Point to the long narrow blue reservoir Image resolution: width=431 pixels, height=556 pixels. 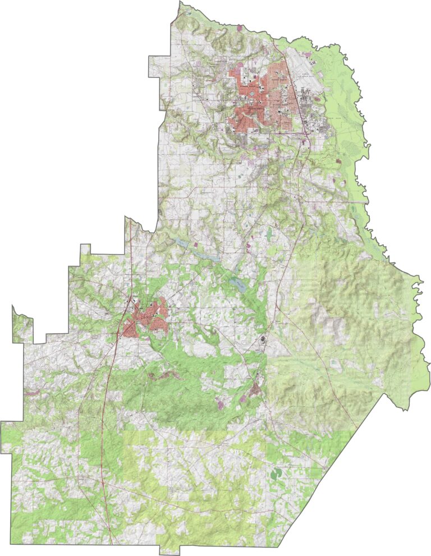click(x=199, y=250)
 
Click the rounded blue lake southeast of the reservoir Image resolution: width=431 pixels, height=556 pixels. click(x=239, y=284)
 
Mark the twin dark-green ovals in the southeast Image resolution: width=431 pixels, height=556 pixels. click(x=277, y=474)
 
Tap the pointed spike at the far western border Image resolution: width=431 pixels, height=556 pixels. click(x=13, y=307)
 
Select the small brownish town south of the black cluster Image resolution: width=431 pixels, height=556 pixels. click(x=256, y=387)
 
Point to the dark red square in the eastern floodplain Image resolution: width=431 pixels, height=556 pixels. click(x=338, y=161)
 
